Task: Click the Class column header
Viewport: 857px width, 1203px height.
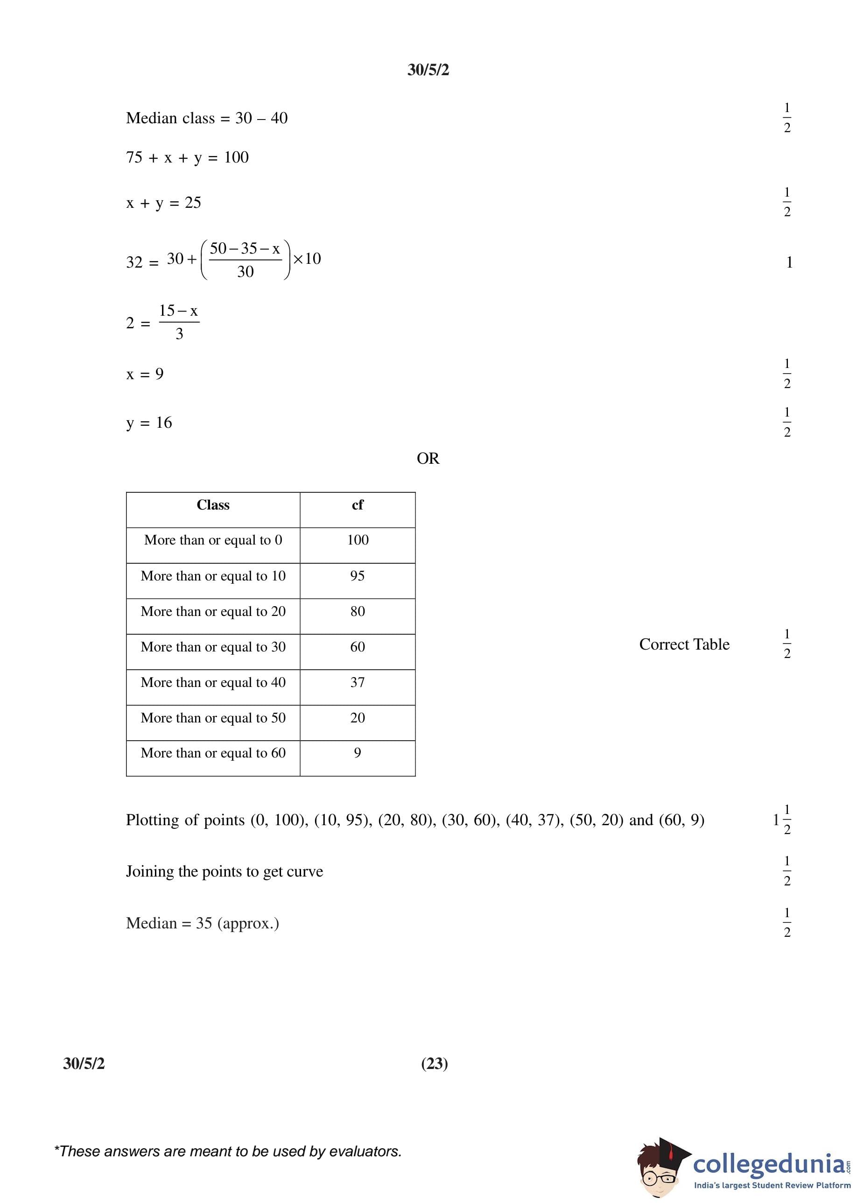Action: tap(213, 505)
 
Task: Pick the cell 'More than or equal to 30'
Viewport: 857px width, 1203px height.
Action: tap(213, 647)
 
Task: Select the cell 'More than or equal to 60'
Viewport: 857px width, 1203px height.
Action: tap(213, 753)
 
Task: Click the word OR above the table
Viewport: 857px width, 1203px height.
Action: tap(428, 459)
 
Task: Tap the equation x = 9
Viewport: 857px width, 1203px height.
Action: tap(145, 374)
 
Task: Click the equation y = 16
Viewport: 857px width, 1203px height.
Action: tap(149, 423)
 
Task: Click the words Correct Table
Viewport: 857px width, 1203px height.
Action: tap(684, 644)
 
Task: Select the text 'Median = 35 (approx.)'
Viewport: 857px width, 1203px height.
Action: tap(202, 923)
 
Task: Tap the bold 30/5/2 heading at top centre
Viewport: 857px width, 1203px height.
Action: tap(428, 70)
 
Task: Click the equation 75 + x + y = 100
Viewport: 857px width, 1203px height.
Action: tap(187, 157)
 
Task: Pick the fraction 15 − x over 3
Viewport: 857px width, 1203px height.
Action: tap(179, 322)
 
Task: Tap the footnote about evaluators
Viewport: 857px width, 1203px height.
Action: tap(228, 1151)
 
